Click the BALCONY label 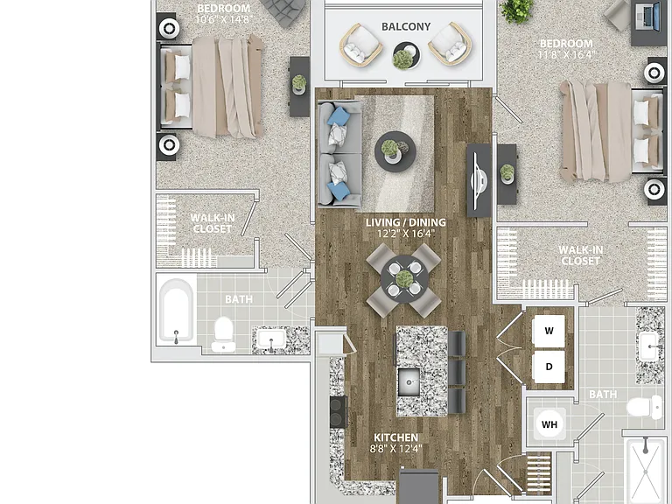(406, 26)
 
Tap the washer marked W (549, 331)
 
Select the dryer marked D (549, 367)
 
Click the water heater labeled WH (549, 424)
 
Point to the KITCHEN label (396, 437)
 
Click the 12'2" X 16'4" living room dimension (405, 234)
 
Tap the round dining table (404, 279)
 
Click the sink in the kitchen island (409, 381)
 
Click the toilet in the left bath (223, 334)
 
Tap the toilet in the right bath (644, 407)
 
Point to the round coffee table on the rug (395, 151)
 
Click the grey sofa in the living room (339, 153)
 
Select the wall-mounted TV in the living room (479, 180)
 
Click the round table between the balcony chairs (406, 55)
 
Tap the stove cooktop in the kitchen (338, 411)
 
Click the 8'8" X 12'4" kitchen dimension (396, 449)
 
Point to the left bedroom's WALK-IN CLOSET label (213, 223)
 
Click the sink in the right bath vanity (650, 346)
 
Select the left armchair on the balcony (360, 45)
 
